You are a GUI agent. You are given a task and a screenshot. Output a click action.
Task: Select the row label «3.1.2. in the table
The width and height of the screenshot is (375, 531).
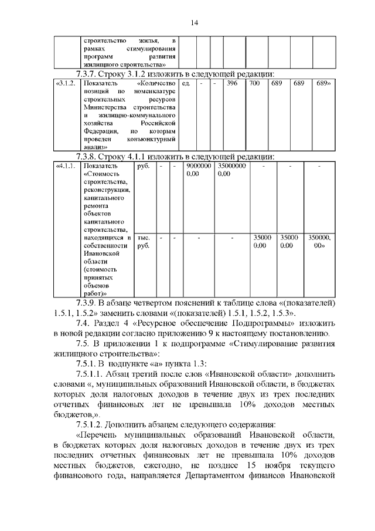click(x=65, y=83)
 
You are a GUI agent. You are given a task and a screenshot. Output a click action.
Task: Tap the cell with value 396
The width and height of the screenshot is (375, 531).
click(x=231, y=83)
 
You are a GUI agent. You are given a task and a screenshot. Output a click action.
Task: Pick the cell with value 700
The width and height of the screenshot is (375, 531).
click(x=254, y=83)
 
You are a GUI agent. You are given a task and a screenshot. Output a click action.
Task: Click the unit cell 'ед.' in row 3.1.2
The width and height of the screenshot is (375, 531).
click(x=186, y=83)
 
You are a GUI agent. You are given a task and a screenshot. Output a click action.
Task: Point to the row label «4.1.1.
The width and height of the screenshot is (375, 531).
click(x=65, y=166)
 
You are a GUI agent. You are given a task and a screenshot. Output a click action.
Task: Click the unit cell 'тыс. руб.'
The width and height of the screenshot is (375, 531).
click(x=143, y=242)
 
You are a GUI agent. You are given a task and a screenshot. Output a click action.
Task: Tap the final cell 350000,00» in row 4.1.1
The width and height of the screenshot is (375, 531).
click(x=319, y=242)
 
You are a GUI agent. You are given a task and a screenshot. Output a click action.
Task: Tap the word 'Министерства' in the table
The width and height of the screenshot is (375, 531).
click(x=103, y=108)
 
